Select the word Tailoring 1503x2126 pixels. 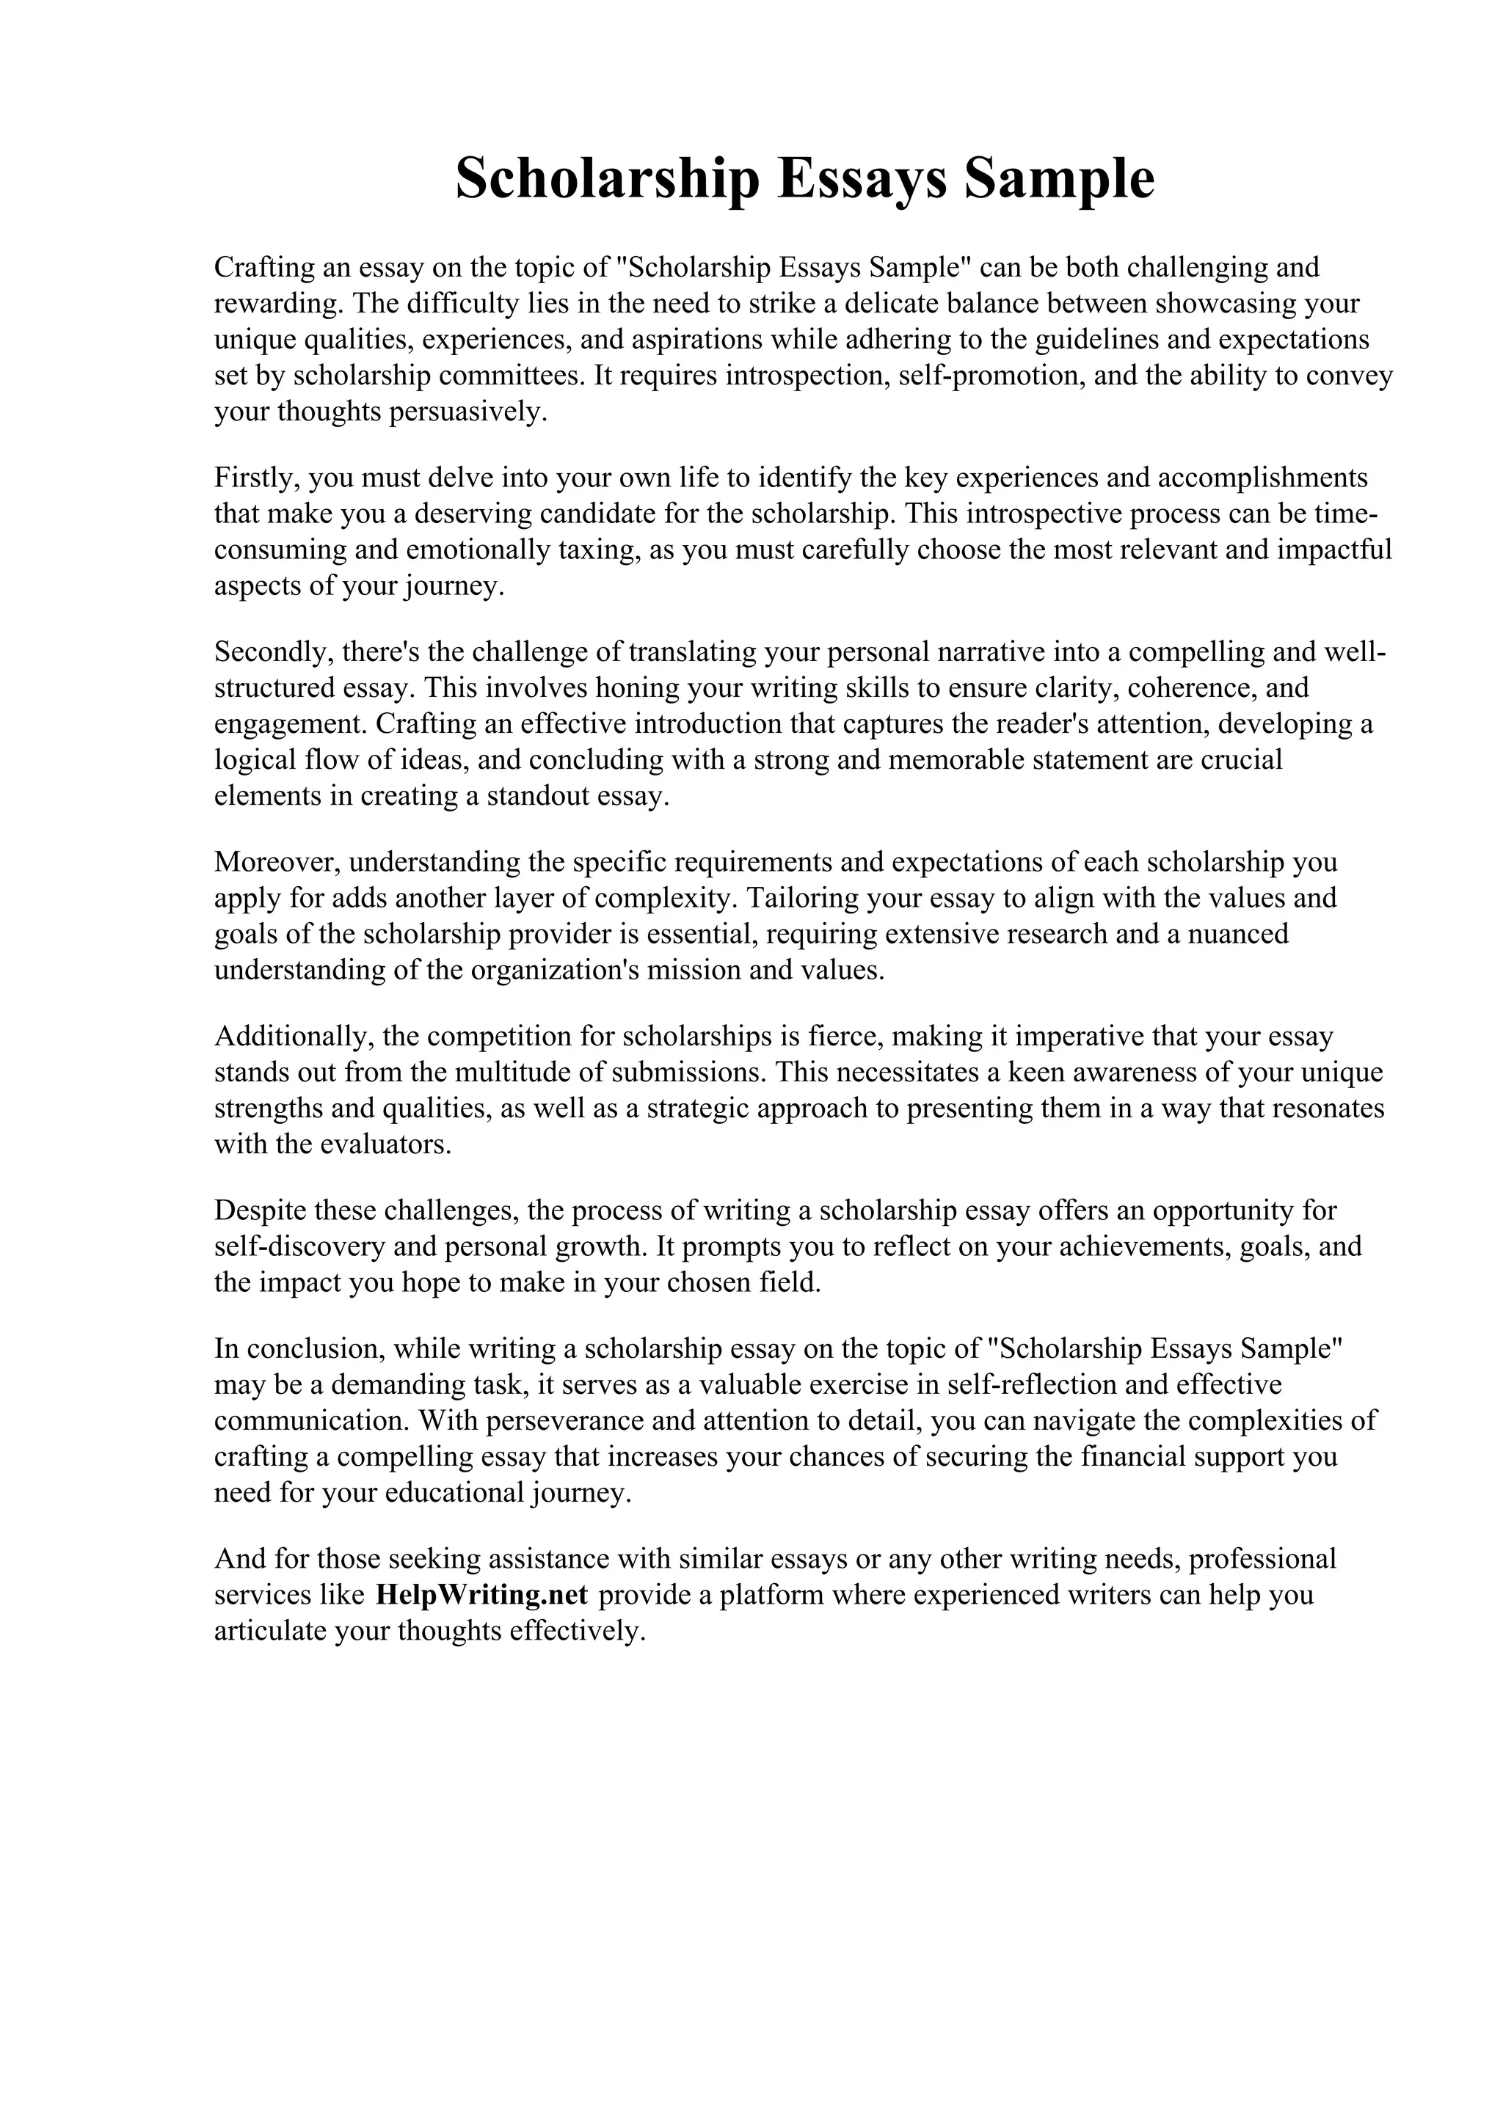point(802,898)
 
